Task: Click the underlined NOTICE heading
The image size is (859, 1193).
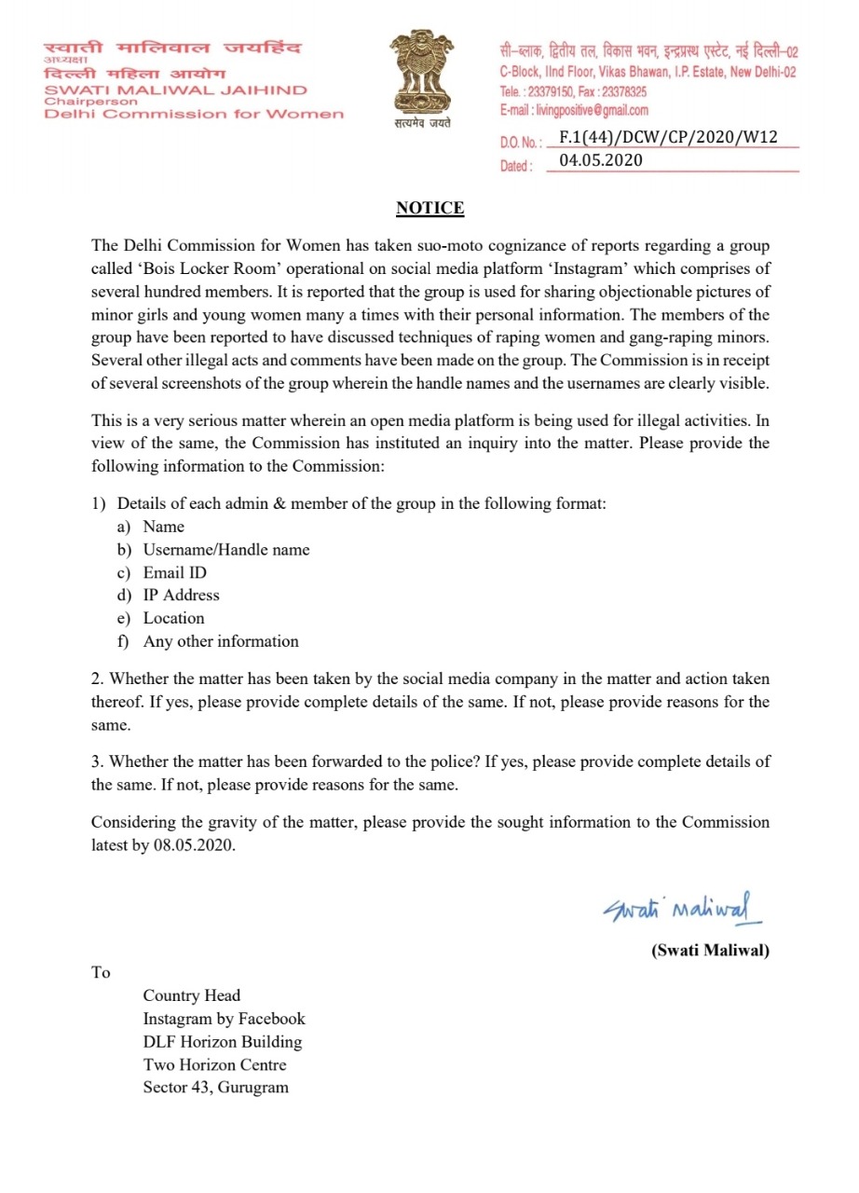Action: (x=429, y=208)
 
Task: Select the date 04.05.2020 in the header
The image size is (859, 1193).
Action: (x=601, y=160)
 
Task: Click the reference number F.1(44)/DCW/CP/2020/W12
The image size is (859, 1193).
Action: (x=667, y=138)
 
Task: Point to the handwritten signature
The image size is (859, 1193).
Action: (x=681, y=907)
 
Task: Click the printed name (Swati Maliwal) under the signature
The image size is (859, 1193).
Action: (x=710, y=952)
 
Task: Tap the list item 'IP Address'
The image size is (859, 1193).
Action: (x=181, y=596)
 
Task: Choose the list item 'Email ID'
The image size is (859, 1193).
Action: (x=174, y=572)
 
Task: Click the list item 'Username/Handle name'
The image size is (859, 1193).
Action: (x=225, y=550)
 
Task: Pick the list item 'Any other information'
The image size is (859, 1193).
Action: (x=221, y=641)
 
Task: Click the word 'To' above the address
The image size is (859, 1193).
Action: (x=101, y=973)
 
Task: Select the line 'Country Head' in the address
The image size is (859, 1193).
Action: (x=191, y=995)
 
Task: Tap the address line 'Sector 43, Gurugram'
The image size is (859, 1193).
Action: (x=215, y=1088)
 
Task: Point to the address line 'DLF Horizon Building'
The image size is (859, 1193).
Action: (x=222, y=1042)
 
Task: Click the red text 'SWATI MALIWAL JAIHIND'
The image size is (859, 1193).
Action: (x=176, y=89)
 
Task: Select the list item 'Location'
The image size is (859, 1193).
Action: (x=173, y=618)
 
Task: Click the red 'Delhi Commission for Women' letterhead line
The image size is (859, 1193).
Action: (x=194, y=114)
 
